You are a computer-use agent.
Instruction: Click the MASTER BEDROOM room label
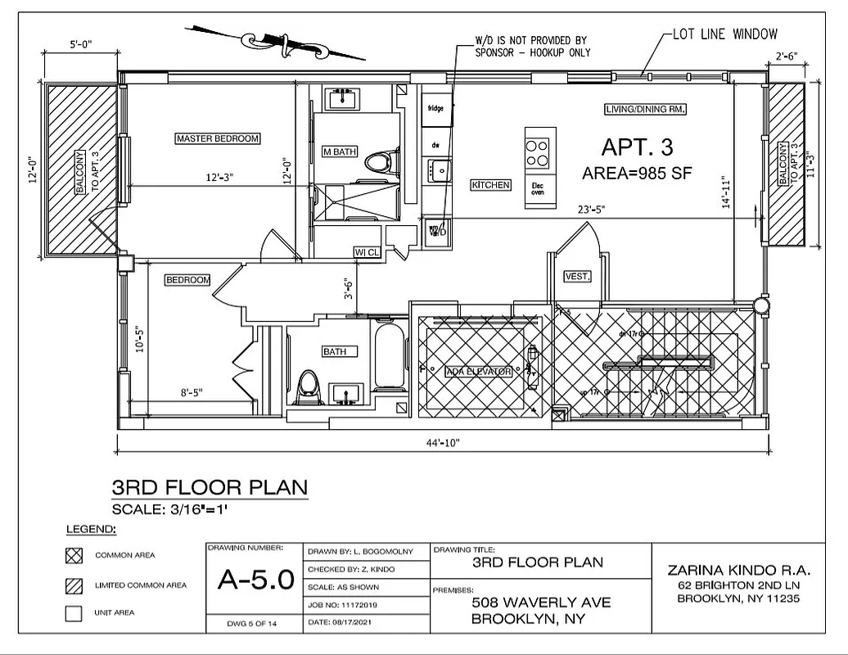(x=218, y=138)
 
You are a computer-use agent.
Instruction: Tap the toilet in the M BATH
(x=377, y=160)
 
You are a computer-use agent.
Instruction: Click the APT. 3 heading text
(x=637, y=147)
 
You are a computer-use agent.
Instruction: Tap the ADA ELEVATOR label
(x=479, y=372)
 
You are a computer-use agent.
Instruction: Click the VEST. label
(x=577, y=277)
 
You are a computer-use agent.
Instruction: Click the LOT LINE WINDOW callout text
(x=724, y=34)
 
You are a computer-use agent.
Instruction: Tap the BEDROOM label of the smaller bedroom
(x=187, y=280)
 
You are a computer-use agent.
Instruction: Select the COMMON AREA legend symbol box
(x=74, y=555)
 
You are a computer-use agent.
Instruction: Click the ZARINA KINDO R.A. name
(x=737, y=569)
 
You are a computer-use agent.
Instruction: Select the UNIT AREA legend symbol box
(x=74, y=612)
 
